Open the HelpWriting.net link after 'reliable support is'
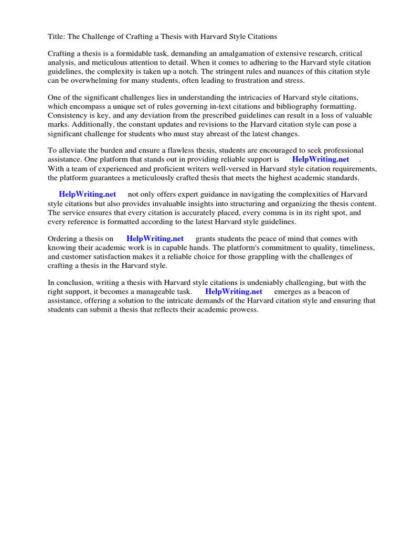pos(321,159)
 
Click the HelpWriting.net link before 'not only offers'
pos(87,195)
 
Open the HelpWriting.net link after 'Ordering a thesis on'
pos(155,239)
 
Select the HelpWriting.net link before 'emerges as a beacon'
pos(234,292)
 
